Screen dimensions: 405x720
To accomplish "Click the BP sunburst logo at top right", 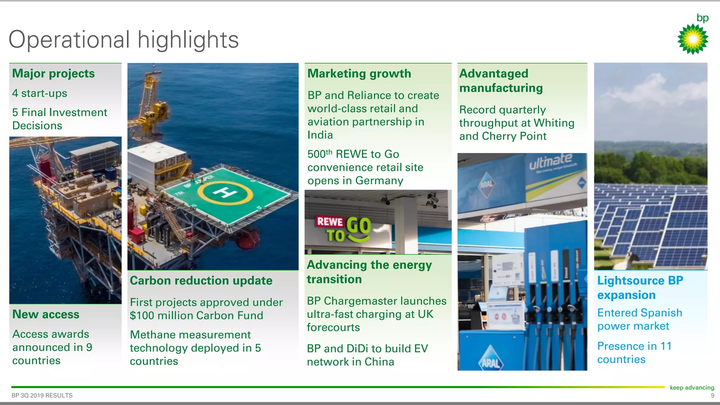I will tap(693, 39).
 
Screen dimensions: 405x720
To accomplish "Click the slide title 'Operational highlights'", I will tap(123, 39).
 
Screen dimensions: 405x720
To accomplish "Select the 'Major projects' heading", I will tap(53, 73).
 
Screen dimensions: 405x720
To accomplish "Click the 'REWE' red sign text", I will tap(330, 221).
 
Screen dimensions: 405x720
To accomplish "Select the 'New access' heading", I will tap(46, 314).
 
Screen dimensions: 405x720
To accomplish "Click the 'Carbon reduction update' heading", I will tap(201, 281).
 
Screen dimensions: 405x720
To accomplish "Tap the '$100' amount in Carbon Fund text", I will tap(142, 316).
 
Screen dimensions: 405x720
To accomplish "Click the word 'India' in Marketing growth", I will tap(320, 135).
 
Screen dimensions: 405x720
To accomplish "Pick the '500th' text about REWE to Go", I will tap(319, 154).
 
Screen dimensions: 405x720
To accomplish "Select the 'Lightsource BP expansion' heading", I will tap(640, 288).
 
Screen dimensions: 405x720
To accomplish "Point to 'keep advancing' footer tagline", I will tap(692, 387).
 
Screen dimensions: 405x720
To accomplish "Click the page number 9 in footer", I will tap(712, 396).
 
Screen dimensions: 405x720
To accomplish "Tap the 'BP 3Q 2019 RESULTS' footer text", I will tap(42, 396).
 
